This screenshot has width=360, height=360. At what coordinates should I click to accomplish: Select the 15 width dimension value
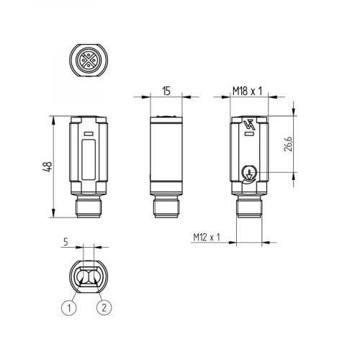pos(166,91)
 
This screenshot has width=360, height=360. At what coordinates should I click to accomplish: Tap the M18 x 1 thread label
pos(246,91)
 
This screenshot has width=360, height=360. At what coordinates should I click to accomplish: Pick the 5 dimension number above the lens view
pos(66,243)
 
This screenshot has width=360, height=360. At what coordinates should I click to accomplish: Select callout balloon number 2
pos(105,307)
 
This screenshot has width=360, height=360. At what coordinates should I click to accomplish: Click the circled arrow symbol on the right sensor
pos(248,171)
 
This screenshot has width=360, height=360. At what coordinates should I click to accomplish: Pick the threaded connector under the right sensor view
pos(248,210)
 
